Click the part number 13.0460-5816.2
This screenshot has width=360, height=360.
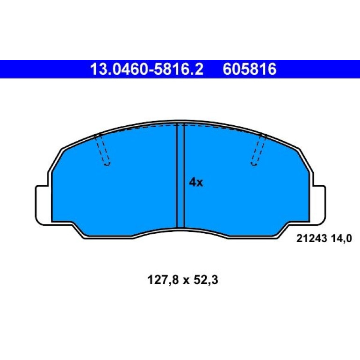(147, 69)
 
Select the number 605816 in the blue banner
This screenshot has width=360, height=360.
(249, 69)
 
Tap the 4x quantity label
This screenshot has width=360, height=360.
(196, 182)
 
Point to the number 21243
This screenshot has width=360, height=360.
(311, 239)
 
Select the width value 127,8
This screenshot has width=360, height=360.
(163, 280)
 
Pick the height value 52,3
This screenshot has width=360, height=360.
(206, 280)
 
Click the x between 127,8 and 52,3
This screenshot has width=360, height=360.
(186, 281)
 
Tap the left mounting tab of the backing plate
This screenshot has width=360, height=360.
(43, 205)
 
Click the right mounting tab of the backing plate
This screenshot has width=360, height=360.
(318, 205)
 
